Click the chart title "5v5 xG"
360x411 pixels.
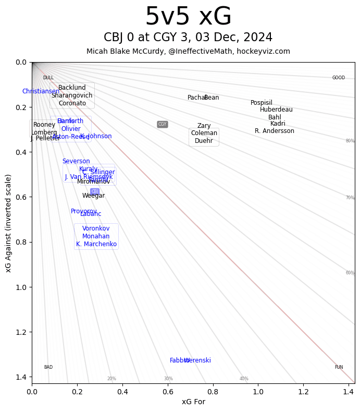(188, 17)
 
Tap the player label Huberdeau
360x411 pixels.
(276, 110)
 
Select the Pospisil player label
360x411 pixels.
(262, 103)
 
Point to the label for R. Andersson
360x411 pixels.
(275, 131)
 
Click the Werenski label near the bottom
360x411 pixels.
(198, 360)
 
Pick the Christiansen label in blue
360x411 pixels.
(41, 91)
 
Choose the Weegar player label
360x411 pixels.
(93, 196)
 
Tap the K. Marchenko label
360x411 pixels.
(96, 244)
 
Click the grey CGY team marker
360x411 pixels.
(163, 124)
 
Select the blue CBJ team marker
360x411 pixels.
(95, 191)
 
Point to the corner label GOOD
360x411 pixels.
(339, 78)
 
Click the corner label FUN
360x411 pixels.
(339, 367)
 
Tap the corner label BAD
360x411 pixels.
(48, 367)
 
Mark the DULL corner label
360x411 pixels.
(48, 78)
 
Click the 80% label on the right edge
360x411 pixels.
(350, 141)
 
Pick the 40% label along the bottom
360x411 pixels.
(244, 379)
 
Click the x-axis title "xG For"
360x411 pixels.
(193, 402)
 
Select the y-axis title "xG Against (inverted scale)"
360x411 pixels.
(8, 223)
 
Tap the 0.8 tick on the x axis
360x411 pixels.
(213, 391)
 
